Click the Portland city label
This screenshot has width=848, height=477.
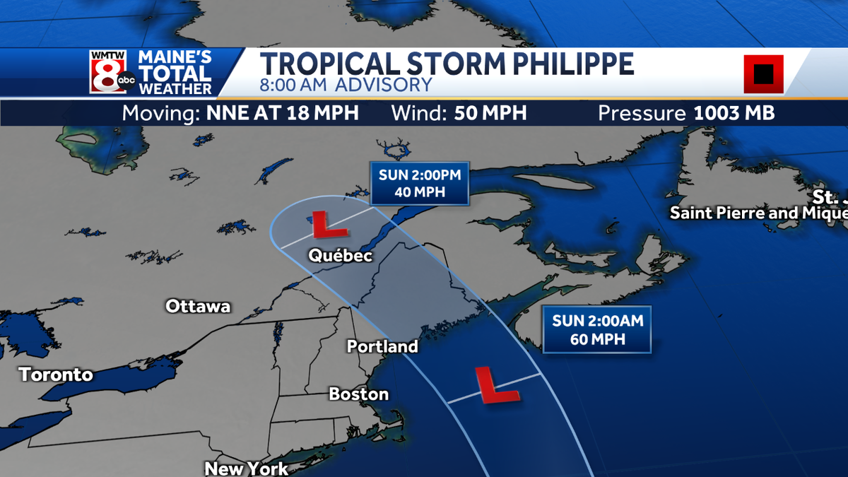(382, 346)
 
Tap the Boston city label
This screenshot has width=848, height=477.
(359, 394)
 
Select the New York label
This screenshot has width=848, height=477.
(246, 468)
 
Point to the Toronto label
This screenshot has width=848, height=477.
(56, 375)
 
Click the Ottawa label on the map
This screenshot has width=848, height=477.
(198, 306)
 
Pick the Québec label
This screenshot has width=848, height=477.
(340, 257)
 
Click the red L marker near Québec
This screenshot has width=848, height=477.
(327, 225)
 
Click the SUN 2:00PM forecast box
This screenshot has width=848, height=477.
(420, 184)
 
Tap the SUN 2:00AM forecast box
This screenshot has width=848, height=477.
(598, 330)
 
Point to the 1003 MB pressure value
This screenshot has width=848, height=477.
(734, 113)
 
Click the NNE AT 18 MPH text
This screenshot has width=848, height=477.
(283, 113)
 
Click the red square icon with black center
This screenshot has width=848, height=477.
(763, 73)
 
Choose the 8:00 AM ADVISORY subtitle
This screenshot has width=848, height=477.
(346, 85)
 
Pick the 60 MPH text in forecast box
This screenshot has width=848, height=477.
(598, 339)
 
